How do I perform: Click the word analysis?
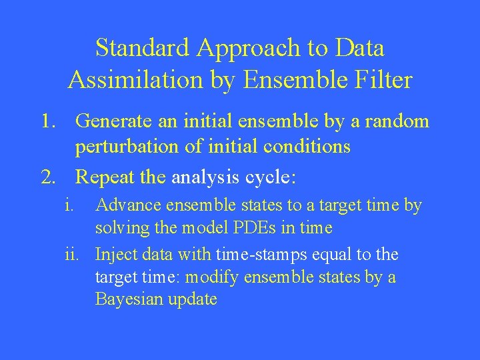pyautogui.click(x=204, y=178)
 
